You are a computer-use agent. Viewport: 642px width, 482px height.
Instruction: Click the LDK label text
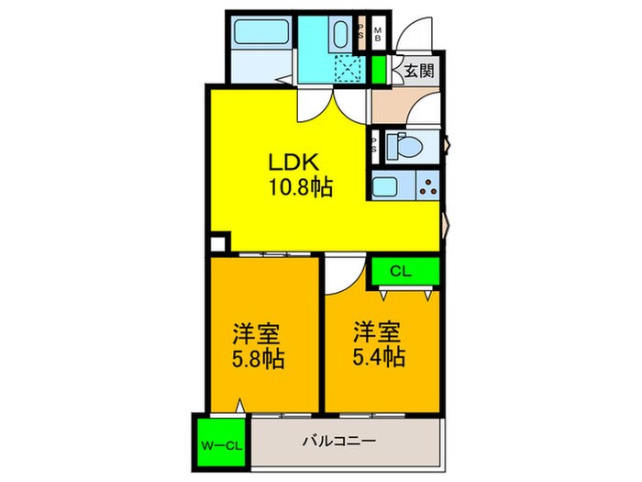(293, 163)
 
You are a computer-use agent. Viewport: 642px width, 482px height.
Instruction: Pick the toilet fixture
(404, 146)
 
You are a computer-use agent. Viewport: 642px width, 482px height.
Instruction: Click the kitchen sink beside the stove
(387, 187)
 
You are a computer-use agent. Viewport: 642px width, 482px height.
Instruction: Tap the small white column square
(217, 245)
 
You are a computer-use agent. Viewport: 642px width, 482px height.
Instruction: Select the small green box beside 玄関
(380, 69)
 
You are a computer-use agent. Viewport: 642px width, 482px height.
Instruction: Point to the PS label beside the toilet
(376, 145)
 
